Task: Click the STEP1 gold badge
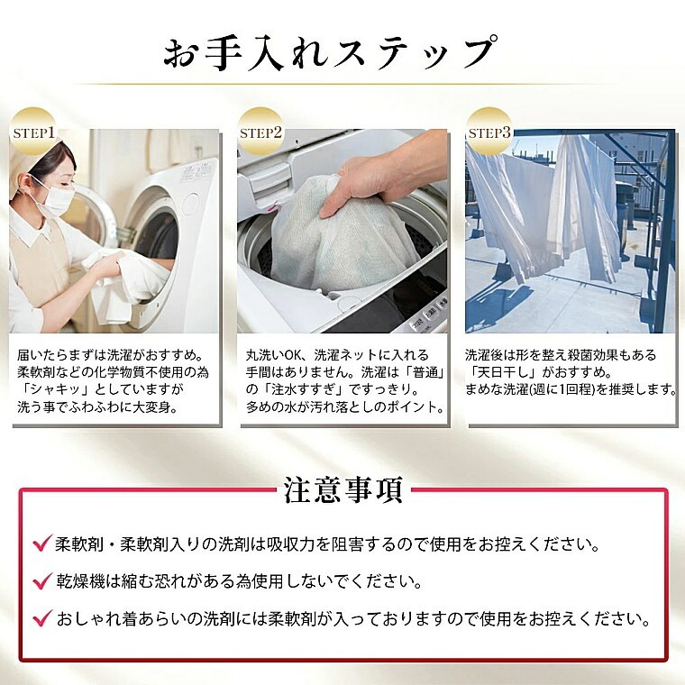[33, 132]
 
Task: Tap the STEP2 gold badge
[260, 132]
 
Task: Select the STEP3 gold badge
[489, 132]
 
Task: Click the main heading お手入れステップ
[331, 54]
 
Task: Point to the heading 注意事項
[342, 490]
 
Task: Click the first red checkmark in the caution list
[42, 543]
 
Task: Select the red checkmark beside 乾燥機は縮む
[42, 581]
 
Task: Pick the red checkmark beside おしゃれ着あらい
[42, 618]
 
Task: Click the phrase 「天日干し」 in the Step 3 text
[501, 372]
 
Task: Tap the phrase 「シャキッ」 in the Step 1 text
[54, 389]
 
